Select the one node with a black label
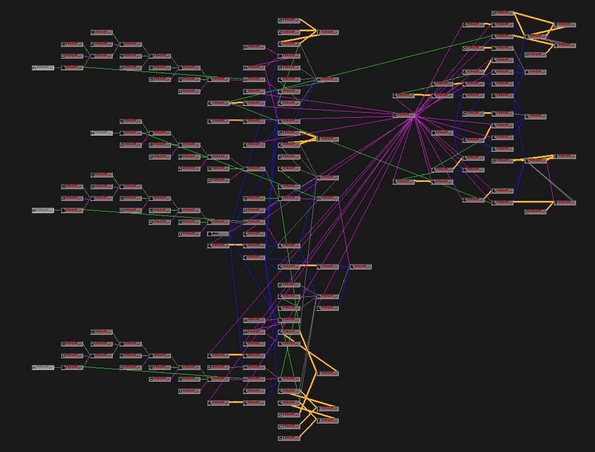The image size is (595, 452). (x=218, y=234)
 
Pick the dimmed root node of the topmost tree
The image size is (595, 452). (x=43, y=68)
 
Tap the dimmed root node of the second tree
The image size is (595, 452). (x=102, y=133)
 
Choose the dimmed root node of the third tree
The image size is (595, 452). (x=43, y=210)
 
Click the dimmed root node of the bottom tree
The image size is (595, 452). (x=43, y=367)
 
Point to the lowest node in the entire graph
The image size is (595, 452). (x=289, y=438)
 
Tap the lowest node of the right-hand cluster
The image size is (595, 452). (x=535, y=211)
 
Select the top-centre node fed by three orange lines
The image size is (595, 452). (x=328, y=32)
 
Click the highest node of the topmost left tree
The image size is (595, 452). (x=102, y=32)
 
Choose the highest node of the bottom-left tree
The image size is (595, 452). (x=102, y=331)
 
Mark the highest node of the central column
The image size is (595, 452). (x=289, y=21)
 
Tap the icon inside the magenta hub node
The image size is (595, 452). (x=395, y=115)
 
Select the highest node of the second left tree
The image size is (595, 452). (x=131, y=121)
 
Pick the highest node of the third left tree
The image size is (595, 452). (x=102, y=175)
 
